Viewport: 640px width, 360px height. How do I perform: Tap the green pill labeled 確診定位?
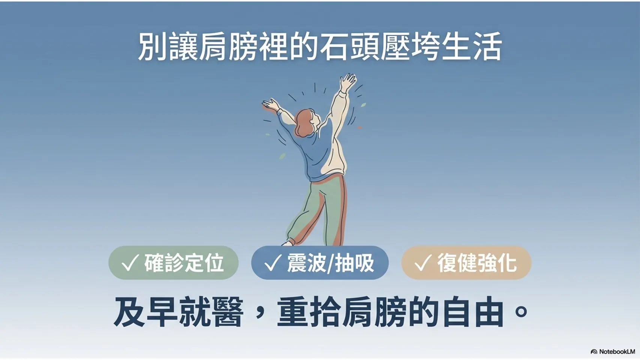point(174,262)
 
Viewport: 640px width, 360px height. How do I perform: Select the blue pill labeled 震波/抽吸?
point(320,262)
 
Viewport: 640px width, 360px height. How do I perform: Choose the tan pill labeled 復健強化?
point(466,262)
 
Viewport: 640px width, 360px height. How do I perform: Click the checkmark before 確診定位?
point(130,262)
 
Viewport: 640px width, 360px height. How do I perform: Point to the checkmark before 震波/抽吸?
point(273,262)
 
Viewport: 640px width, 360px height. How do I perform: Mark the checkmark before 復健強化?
point(423,262)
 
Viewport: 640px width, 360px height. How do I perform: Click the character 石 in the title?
point(335,46)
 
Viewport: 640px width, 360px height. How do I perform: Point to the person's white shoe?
point(288,243)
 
